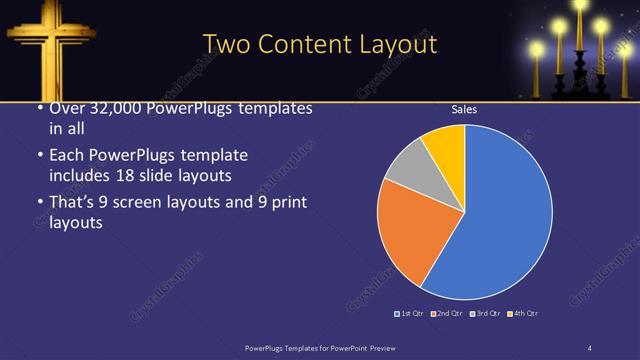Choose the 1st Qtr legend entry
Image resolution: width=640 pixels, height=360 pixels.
411,314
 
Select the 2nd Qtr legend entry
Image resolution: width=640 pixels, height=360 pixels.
446,314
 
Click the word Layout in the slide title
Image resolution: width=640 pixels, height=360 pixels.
399,44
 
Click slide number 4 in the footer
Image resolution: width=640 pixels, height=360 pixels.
590,347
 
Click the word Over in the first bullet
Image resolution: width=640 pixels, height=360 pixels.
65,109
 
